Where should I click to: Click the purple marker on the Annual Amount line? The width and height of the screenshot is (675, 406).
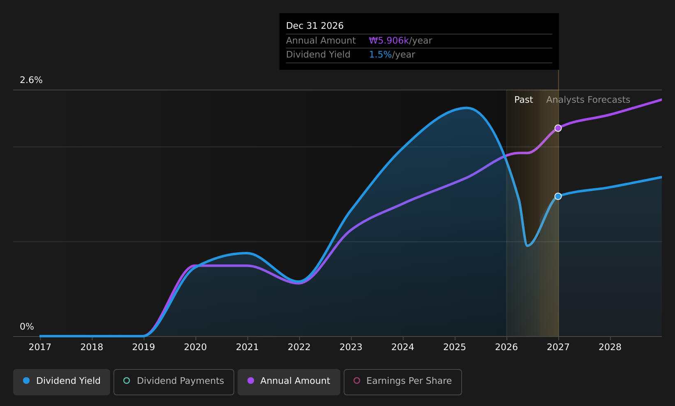558,128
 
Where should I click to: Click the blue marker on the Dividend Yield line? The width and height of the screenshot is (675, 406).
558,196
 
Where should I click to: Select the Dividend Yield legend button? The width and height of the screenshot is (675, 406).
62,382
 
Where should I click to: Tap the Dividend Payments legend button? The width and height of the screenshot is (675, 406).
174,382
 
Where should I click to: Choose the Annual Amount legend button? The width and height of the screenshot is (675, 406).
289,382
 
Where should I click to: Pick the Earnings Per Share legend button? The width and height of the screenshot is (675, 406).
403,382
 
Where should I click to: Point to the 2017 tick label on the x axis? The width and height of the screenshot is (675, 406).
40,347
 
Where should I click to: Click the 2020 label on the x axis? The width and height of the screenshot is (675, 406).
196,347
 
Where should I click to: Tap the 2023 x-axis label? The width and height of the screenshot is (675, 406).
351,347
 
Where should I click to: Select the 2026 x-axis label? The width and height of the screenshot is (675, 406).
506,347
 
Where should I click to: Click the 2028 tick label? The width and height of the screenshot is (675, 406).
610,347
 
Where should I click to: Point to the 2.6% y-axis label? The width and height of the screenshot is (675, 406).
31,80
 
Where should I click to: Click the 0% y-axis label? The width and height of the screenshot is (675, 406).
27,327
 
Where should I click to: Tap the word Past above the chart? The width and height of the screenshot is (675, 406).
523,100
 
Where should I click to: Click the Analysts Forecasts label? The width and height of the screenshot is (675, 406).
588,100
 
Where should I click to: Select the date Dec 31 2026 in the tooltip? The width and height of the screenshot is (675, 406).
314,26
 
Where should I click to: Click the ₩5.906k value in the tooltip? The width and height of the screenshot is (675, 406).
389,40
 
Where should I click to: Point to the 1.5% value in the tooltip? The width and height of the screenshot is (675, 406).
380,55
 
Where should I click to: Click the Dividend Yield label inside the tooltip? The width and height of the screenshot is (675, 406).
318,55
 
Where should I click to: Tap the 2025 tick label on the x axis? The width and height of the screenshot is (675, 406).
455,347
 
